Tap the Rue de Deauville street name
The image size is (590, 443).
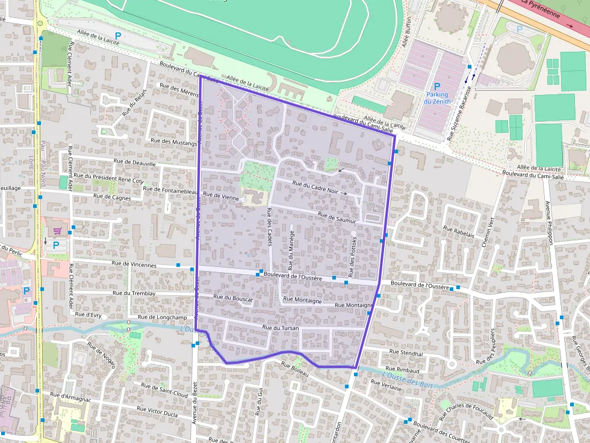coord(134,163)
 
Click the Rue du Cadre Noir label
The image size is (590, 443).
coord(314,188)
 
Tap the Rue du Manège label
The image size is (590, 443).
coord(291,249)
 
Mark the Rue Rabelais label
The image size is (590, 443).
coord(459,232)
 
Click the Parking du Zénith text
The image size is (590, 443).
coord(437,98)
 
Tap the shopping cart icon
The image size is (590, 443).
coord(57,230)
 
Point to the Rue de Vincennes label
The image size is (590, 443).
coord(134,265)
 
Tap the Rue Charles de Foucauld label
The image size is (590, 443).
coord(466,408)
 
